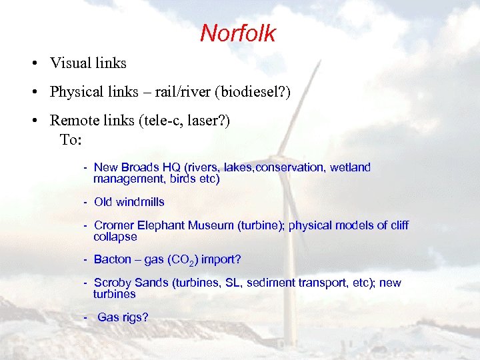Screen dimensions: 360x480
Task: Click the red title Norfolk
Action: point(237,33)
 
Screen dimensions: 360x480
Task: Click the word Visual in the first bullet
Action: point(69,63)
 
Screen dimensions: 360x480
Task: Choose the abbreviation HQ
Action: point(175,167)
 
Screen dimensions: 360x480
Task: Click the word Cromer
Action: point(113,225)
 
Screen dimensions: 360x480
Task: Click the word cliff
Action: point(399,225)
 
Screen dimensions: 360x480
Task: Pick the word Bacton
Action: point(112,259)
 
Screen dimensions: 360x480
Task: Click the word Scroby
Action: point(112,283)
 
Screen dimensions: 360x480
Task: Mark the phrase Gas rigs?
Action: point(123,317)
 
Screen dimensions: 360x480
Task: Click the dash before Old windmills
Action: point(86,202)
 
